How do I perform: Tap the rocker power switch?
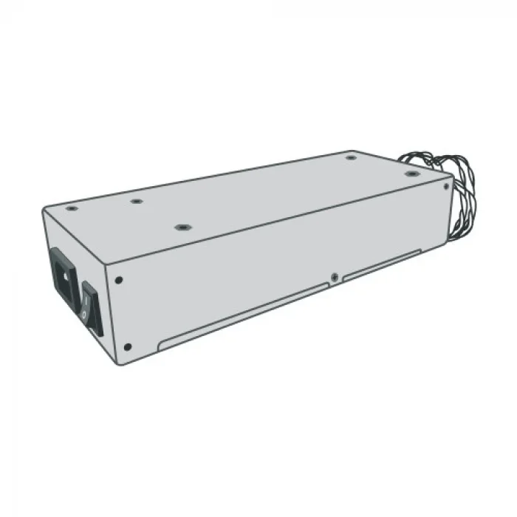(89, 305)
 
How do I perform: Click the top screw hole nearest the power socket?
(69, 208)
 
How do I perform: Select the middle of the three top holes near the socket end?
(136, 200)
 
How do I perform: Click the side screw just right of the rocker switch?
(119, 280)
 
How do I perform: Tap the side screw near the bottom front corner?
(128, 347)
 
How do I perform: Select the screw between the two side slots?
(336, 278)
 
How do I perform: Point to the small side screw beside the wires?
(445, 188)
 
